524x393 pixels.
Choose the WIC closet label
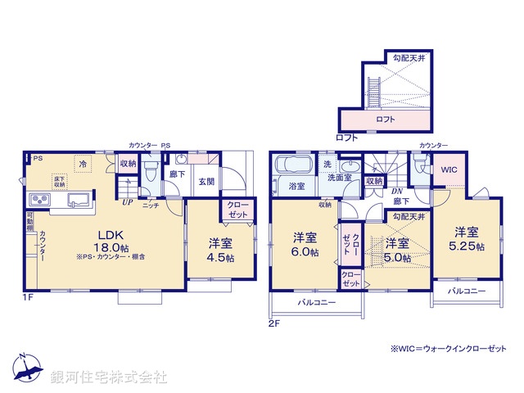tap(449, 169)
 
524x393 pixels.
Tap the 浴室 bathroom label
tap(296, 187)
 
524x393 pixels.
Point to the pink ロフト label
tap(385, 120)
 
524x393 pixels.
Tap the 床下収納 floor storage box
tap(59, 181)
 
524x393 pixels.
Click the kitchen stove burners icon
tap(39, 201)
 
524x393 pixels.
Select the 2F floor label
tap(273, 323)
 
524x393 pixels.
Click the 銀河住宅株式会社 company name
tap(108, 377)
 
